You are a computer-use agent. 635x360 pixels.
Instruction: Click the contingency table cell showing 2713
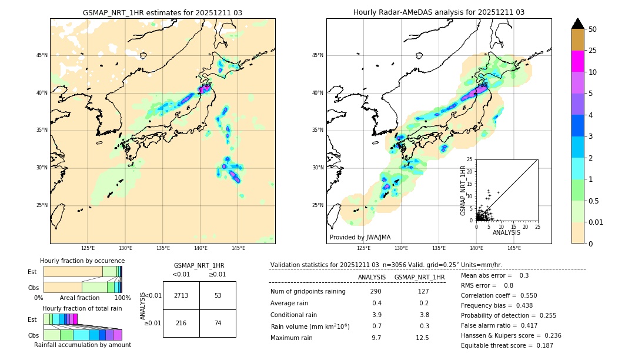(181, 295)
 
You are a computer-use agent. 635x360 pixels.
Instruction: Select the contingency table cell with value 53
(218, 295)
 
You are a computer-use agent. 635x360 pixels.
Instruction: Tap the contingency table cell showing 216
(181, 324)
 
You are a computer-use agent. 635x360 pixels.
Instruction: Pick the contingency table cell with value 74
(218, 324)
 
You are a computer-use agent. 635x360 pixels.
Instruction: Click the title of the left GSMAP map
(162, 12)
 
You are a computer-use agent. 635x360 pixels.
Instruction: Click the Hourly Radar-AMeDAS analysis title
(439, 12)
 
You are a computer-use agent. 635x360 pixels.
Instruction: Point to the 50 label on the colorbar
(593, 29)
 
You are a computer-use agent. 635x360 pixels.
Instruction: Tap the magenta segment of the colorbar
(578, 61)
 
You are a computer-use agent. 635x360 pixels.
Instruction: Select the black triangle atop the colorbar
(578, 24)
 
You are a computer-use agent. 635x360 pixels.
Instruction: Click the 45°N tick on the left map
(42, 55)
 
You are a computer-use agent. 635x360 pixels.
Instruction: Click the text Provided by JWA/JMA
(360, 238)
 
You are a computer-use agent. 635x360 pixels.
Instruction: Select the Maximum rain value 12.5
(422, 338)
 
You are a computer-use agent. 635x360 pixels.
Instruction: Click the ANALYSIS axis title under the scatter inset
(506, 232)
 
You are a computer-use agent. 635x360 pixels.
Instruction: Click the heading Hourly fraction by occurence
(82, 261)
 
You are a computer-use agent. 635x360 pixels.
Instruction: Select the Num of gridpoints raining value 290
(376, 291)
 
